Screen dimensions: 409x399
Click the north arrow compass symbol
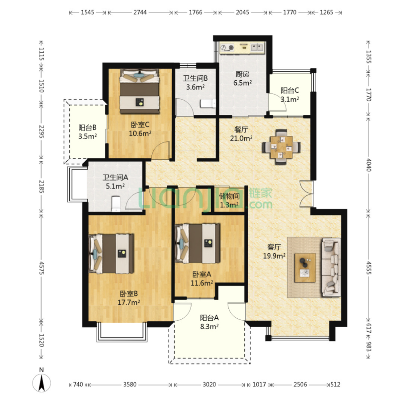click(x=42, y=383)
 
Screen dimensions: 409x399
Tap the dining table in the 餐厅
click(x=281, y=147)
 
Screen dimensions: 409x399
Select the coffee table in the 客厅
click(x=305, y=268)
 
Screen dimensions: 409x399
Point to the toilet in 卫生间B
click(x=208, y=103)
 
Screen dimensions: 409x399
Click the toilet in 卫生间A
click(x=116, y=204)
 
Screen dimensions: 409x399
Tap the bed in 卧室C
click(x=139, y=91)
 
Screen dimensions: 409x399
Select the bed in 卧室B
click(x=111, y=254)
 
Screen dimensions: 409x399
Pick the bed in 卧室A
click(x=197, y=243)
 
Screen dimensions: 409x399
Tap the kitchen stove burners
click(x=227, y=47)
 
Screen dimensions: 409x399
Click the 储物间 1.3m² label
click(x=229, y=200)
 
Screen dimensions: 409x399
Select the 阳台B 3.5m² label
click(x=87, y=132)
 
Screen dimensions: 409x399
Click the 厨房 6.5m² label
click(x=242, y=78)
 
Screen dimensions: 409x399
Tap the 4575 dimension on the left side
click(x=42, y=268)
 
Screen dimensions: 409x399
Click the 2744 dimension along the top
click(x=140, y=12)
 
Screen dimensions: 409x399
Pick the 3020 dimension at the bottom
click(x=209, y=384)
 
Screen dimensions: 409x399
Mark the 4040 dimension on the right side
click(x=368, y=165)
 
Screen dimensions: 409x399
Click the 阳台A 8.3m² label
click(x=209, y=322)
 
